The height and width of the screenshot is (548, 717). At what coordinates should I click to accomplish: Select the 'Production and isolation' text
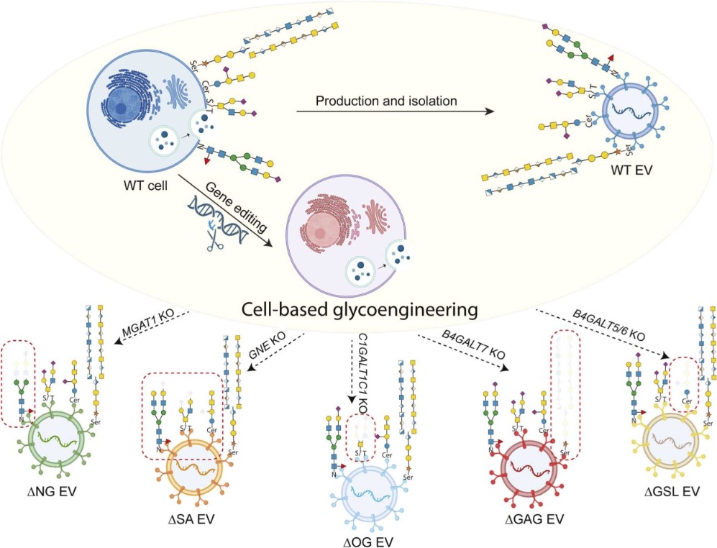387,101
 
